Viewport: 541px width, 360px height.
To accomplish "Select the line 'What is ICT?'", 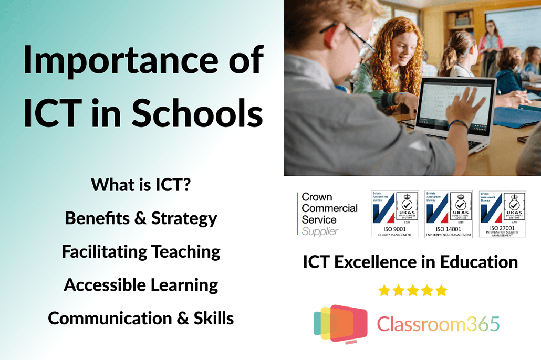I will click(x=141, y=185).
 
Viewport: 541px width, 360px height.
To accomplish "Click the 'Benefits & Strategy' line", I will click(x=141, y=218).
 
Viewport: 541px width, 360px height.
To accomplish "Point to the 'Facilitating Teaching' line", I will click(x=141, y=252).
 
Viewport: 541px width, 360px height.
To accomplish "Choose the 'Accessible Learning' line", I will click(x=141, y=285).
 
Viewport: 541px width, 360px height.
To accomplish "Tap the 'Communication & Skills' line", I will click(x=141, y=319).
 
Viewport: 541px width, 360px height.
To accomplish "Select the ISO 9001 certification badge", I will click(x=395, y=214).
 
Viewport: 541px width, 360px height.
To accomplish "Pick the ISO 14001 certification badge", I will click(x=449, y=214).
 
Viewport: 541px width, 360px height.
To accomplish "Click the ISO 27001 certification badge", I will click(x=502, y=214).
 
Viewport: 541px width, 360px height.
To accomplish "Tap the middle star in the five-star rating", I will click(x=413, y=290).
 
